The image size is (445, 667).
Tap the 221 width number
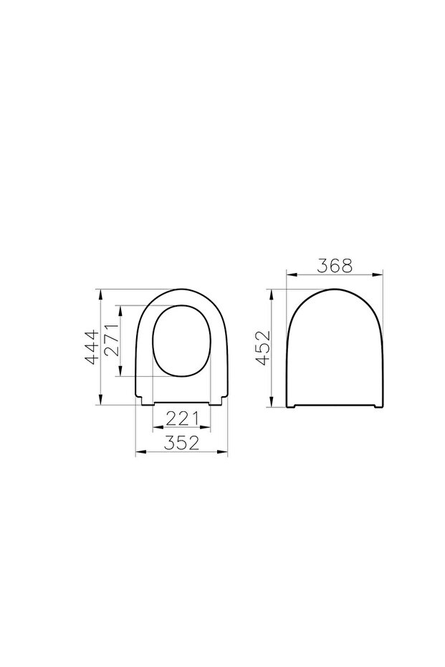pyautogui.click(x=181, y=418)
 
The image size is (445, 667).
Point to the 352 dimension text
pyautogui.click(x=181, y=443)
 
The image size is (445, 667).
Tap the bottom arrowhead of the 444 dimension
pyautogui.click(x=101, y=403)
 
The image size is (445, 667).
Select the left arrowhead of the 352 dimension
pyautogui.click(x=139, y=453)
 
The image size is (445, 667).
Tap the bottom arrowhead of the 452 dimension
pyautogui.click(x=273, y=405)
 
